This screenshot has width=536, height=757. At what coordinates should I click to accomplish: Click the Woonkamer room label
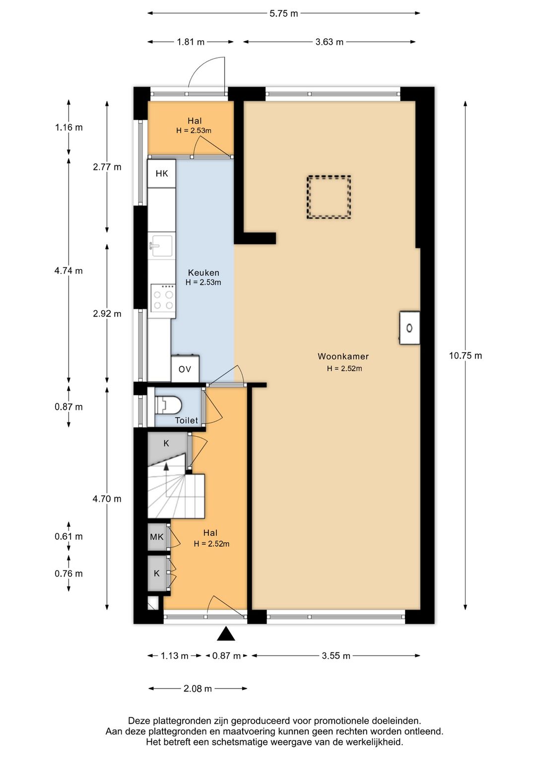(343, 356)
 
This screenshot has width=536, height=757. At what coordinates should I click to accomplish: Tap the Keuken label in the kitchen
(203, 272)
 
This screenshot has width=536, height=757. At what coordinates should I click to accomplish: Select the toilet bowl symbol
(169, 405)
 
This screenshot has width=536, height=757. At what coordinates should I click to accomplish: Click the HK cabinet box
(162, 174)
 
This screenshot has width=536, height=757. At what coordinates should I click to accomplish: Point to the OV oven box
(185, 369)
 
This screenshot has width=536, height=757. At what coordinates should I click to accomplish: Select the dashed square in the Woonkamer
(329, 197)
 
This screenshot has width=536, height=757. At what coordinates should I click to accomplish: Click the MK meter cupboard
(157, 537)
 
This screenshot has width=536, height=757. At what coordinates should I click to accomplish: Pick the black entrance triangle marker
(226, 634)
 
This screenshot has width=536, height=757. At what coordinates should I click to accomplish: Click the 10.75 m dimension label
(466, 356)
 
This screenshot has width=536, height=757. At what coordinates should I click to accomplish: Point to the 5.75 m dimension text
(283, 13)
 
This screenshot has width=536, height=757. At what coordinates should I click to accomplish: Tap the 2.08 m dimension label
(198, 689)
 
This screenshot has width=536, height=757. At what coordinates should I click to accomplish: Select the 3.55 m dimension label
(336, 656)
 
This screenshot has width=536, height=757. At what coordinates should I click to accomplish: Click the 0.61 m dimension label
(68, 536)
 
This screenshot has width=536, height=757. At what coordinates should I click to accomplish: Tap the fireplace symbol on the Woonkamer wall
(409, 328)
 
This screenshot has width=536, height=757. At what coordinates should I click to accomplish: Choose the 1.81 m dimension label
(191, 42)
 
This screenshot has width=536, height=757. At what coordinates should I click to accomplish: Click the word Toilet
(186, 420)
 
